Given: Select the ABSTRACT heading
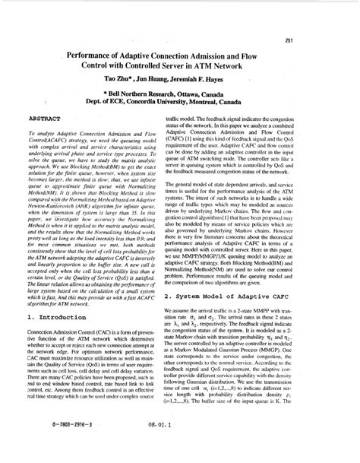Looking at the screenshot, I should [x=45, y=119].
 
